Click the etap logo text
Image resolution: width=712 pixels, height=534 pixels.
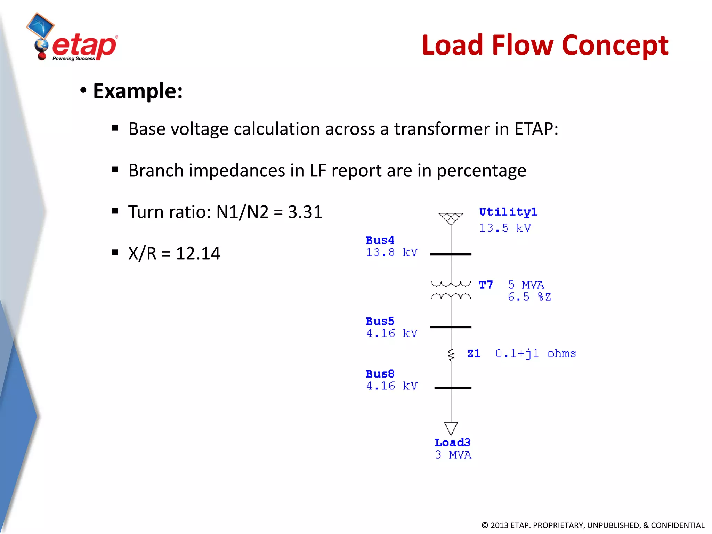coord(84,46)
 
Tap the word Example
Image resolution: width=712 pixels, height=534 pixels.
coord(138,91)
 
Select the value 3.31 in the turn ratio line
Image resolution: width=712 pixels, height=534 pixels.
coord(305,212)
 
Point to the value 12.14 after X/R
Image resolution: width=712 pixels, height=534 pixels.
coord(198,253)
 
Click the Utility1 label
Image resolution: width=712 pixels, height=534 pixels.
coord(508,212)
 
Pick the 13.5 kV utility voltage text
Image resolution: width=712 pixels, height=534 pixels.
coord(505,228)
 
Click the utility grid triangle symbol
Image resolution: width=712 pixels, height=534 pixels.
coord(451,218)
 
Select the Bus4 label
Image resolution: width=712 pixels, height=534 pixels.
coord(380,240)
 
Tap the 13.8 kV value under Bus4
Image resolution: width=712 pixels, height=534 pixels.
coord(391,252)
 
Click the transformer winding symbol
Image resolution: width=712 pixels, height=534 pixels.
coord(451,290)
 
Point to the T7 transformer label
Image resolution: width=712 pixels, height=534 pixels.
coord(486,285)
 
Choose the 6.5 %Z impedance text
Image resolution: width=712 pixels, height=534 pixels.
coord(529,297)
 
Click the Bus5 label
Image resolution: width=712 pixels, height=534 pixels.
coord(380,321)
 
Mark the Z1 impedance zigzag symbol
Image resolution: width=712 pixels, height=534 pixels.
coord(451,355)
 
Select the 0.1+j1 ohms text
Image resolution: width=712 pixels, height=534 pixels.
coord(535,354)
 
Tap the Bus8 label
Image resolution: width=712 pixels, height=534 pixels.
coord(380,374)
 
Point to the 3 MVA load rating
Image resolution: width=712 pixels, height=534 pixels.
coord(453,455)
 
